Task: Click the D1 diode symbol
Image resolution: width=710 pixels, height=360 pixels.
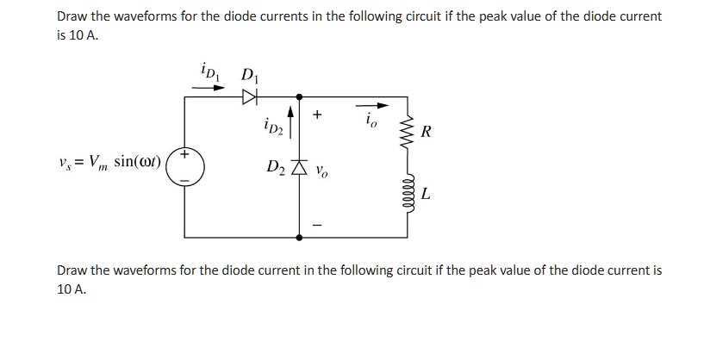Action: click(x=249, y=97)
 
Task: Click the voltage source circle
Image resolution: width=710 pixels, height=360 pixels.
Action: click(x=184, y=166)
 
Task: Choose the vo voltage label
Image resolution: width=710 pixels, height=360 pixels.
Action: click(x=322, y=170)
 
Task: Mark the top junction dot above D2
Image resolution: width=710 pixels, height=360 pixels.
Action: click(x=299, y=96)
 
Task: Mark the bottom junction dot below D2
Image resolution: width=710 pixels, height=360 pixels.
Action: click(x=299, y=236)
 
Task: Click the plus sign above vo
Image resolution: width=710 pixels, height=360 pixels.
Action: click(x=318, y=114)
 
